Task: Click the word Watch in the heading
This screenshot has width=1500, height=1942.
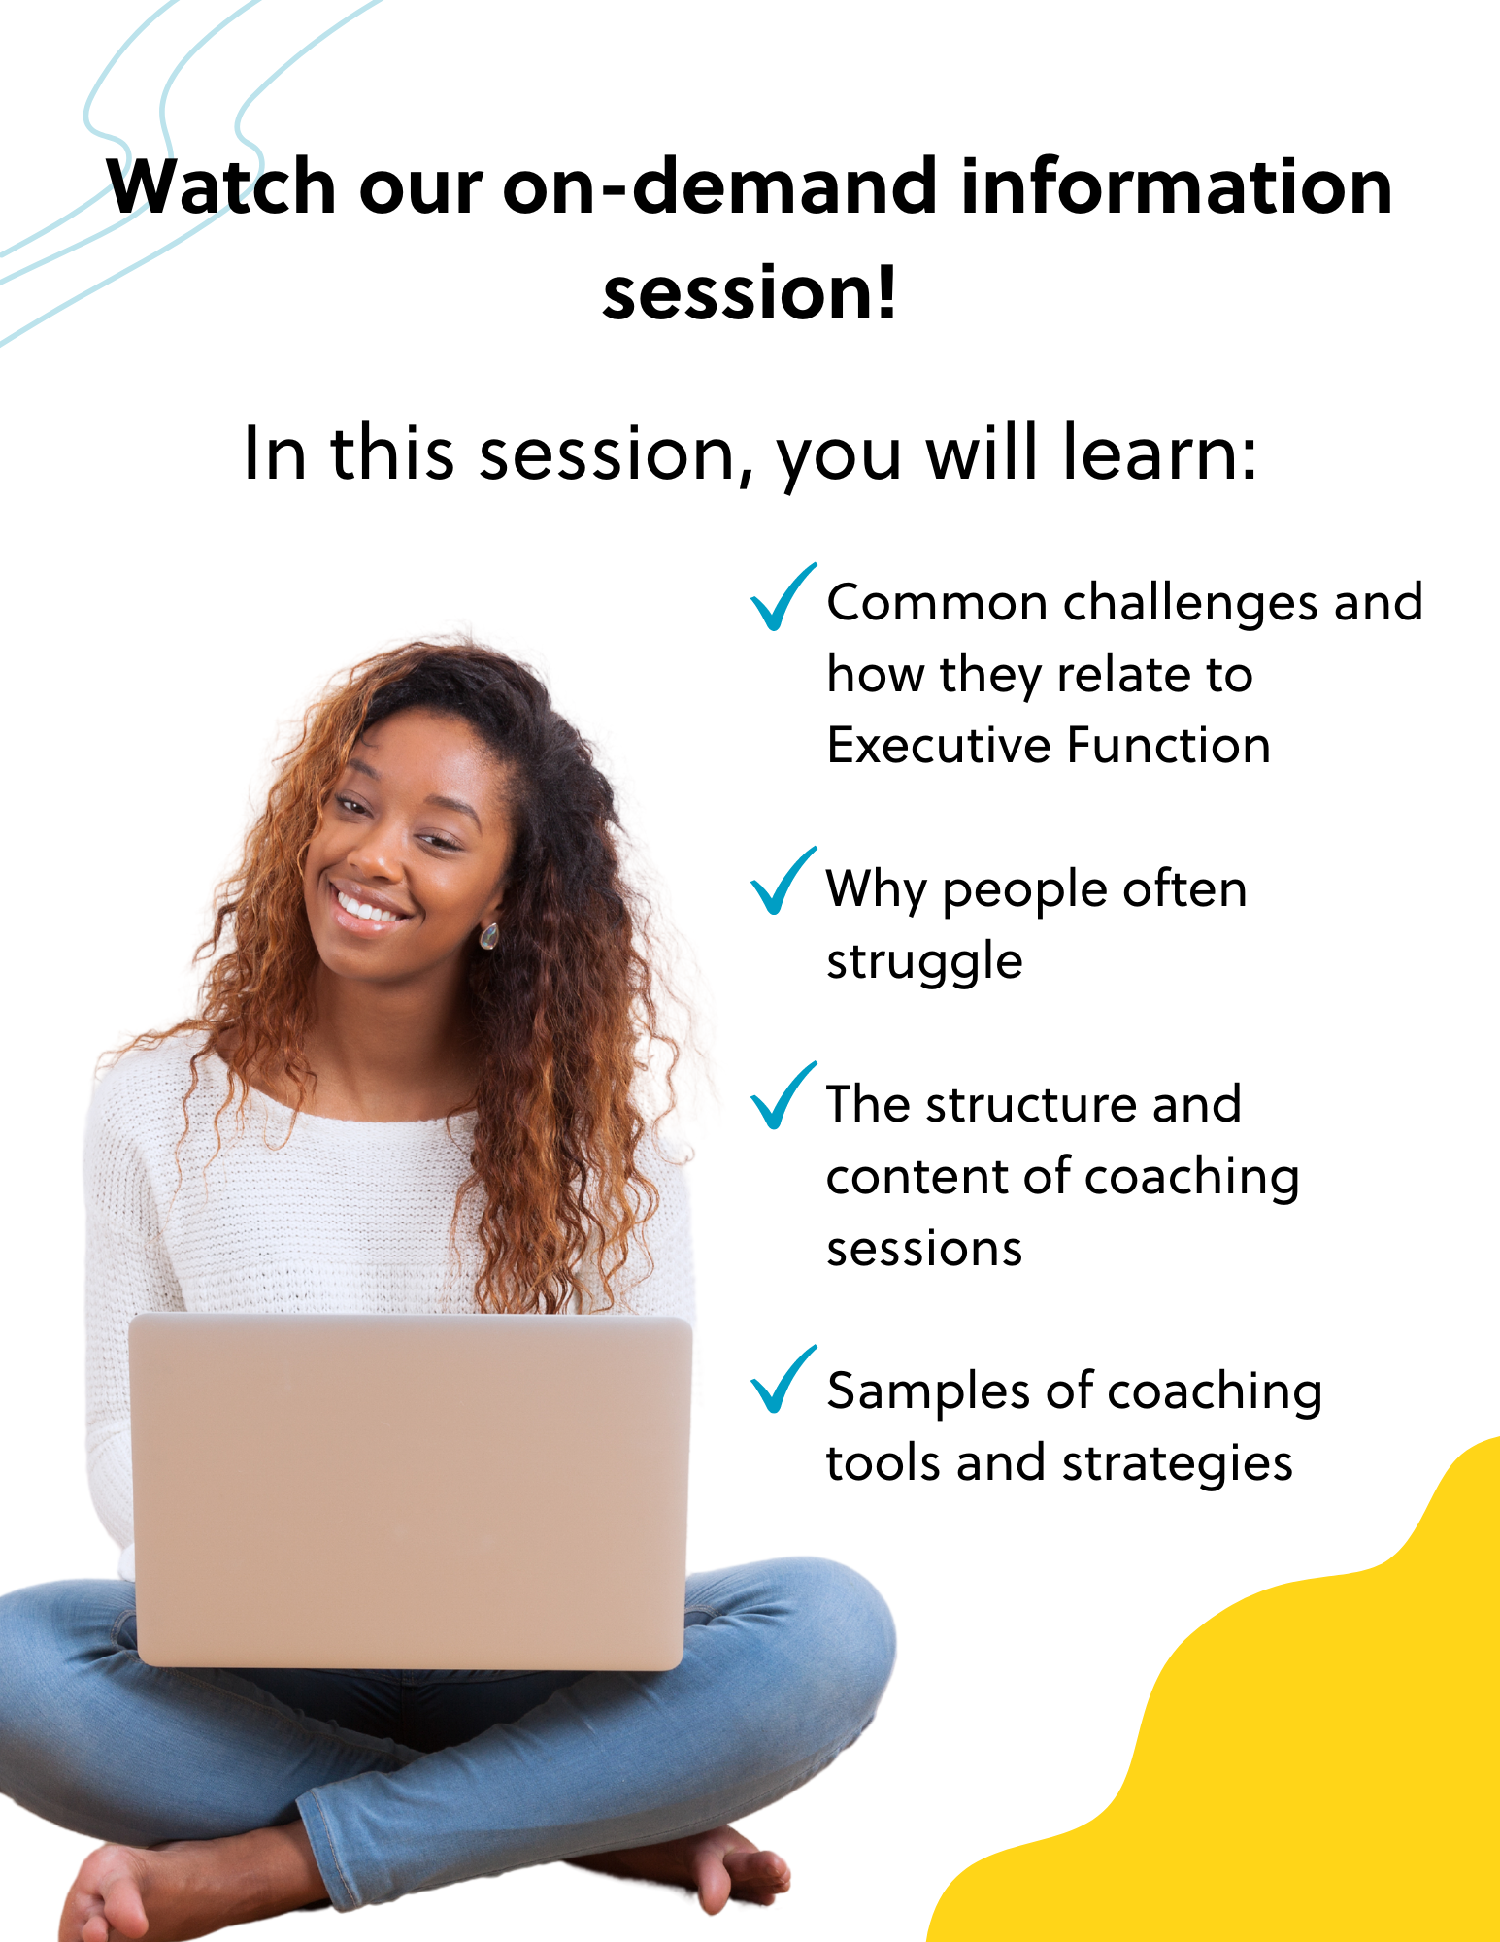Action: [x=221, y=186]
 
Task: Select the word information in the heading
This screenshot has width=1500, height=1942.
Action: [x=1176, y=186]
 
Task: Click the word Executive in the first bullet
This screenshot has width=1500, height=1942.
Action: [x=939, y=746]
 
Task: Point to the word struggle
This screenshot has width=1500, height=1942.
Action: [x=924, y=962]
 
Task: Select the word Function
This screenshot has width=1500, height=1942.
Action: [x=1169, y=746]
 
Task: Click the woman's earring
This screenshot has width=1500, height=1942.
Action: [x=488, y=936]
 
